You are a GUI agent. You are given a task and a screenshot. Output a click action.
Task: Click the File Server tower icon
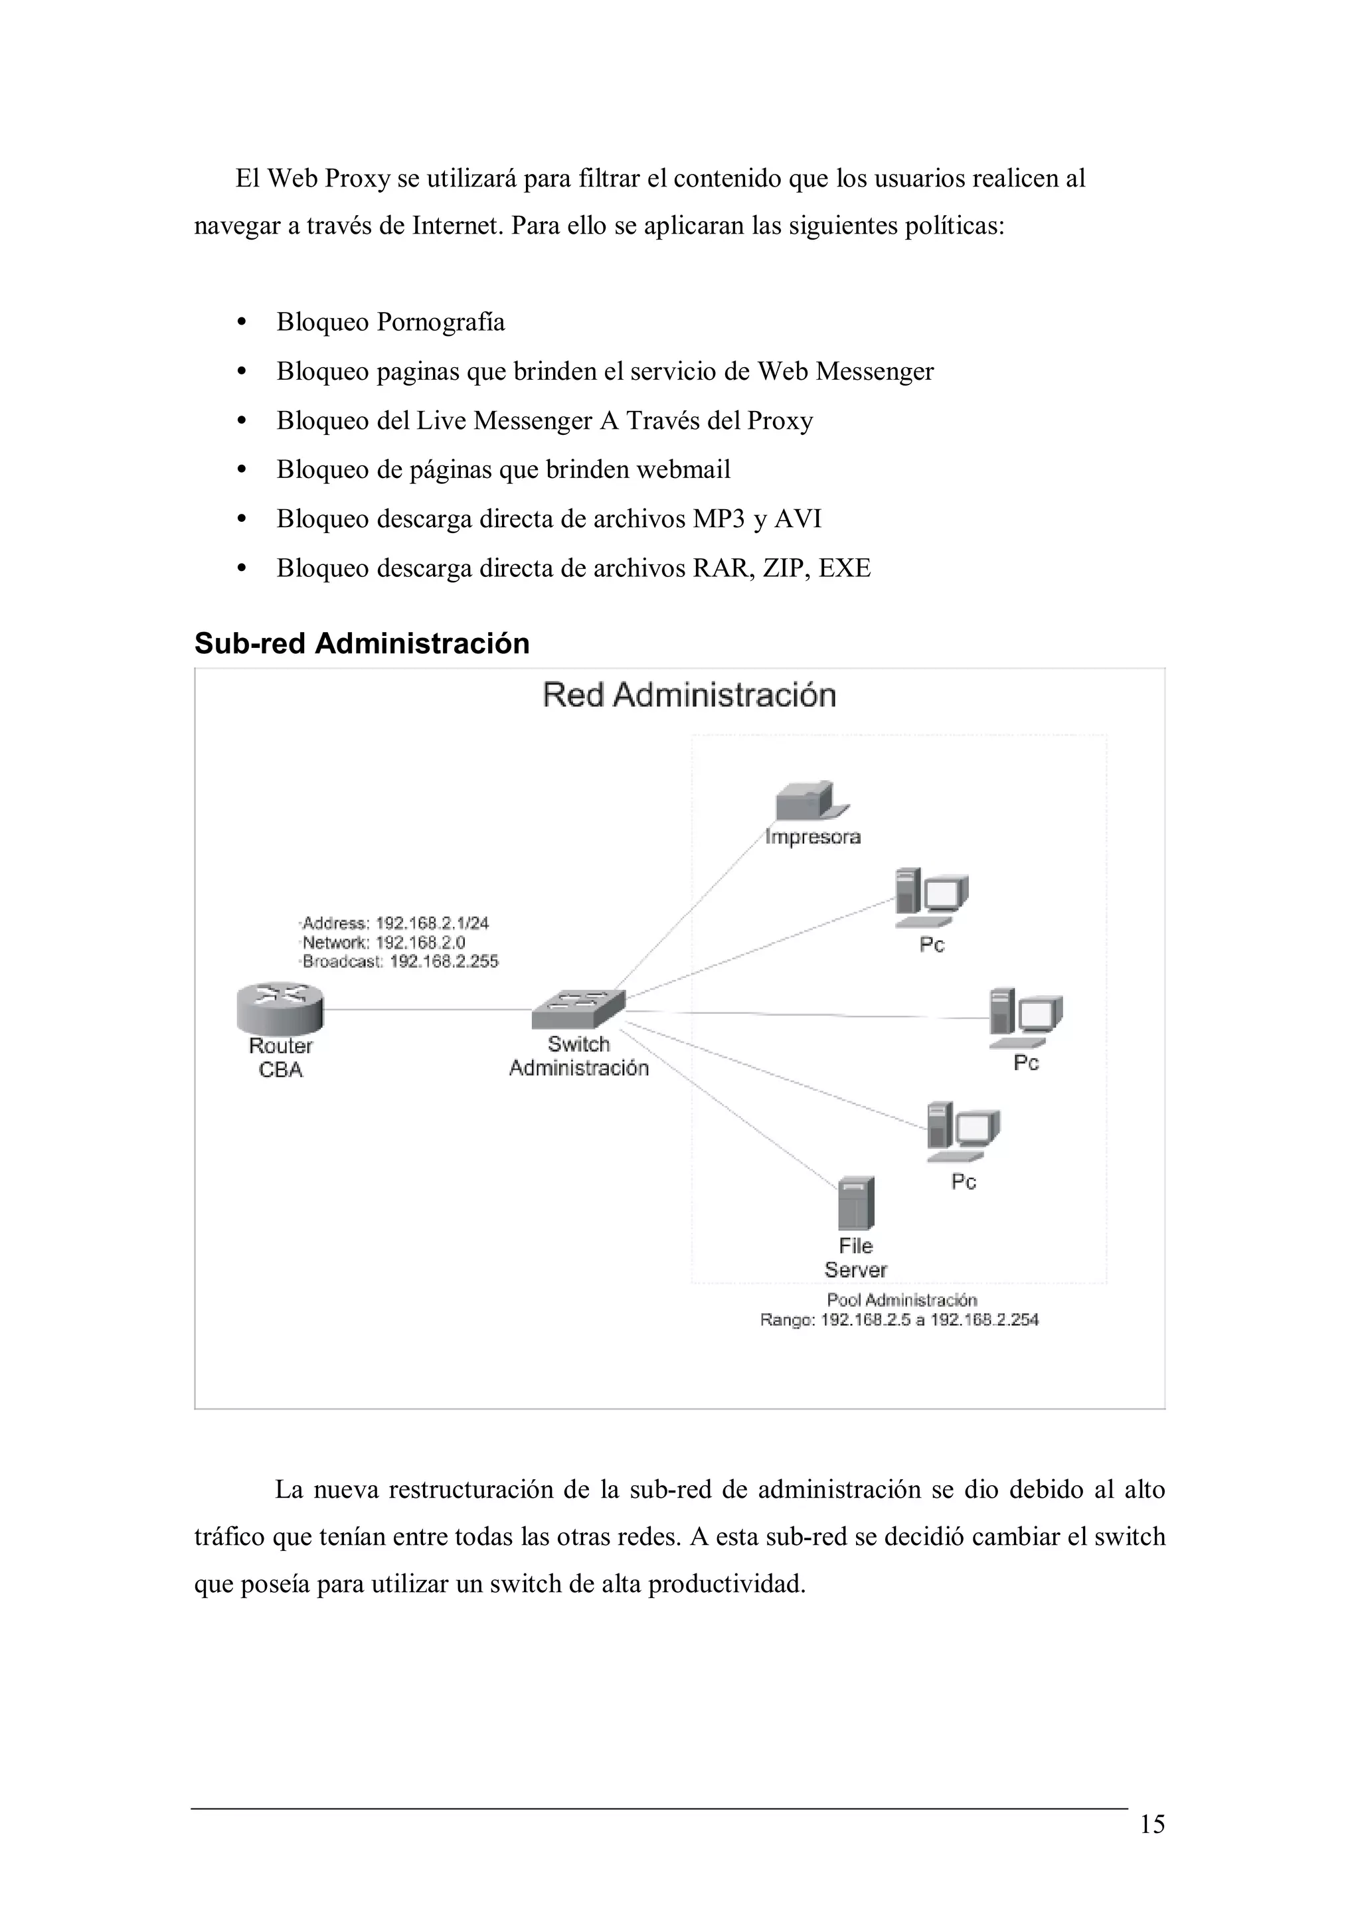click(855, 1204)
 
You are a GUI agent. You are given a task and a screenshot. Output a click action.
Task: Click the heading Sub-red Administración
click(362, 643)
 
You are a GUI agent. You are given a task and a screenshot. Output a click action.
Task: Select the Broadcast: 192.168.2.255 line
click(400, 961)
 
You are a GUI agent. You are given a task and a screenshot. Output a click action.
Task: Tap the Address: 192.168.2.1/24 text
click(394, 923)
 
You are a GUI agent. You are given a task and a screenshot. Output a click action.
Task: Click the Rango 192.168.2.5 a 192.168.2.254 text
click(899, 1320)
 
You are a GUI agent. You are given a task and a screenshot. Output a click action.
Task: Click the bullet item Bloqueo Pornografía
click(390, 322)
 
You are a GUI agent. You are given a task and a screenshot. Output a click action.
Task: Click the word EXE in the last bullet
click(845, 568)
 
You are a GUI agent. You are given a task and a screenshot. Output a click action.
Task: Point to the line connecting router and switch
click(428, 1010)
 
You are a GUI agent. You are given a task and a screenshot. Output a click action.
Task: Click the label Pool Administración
click(902, 1300)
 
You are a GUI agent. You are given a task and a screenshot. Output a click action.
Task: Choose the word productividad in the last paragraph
click(726, 1585)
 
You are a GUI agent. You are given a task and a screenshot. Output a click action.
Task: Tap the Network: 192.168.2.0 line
click(383, 943)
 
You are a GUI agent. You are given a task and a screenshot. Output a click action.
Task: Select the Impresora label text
click(812, 837)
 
